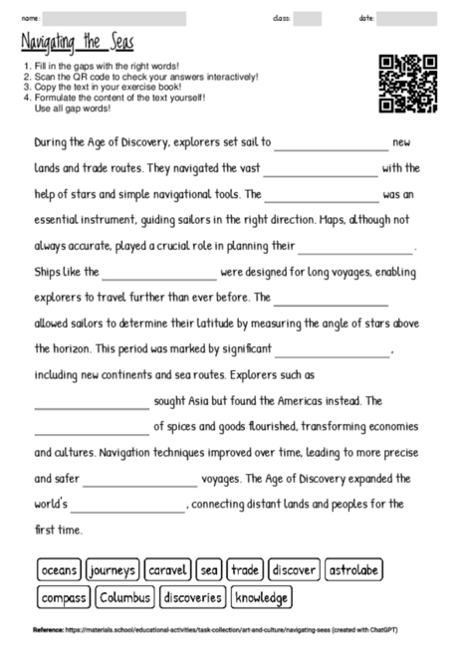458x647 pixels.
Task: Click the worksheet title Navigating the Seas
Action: (77, 43)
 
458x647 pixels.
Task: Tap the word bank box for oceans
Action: (59, 570)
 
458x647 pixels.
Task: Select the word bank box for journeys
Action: (113, 570)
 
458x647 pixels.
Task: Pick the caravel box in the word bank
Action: (167, 570)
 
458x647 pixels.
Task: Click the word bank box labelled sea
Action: (209, 570)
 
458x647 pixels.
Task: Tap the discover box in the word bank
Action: (295, 570)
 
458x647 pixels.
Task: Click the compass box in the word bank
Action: (65, 597)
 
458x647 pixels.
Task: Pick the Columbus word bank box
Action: (125, 597)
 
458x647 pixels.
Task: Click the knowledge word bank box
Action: (262, 597)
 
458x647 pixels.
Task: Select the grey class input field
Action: (307, 18)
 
